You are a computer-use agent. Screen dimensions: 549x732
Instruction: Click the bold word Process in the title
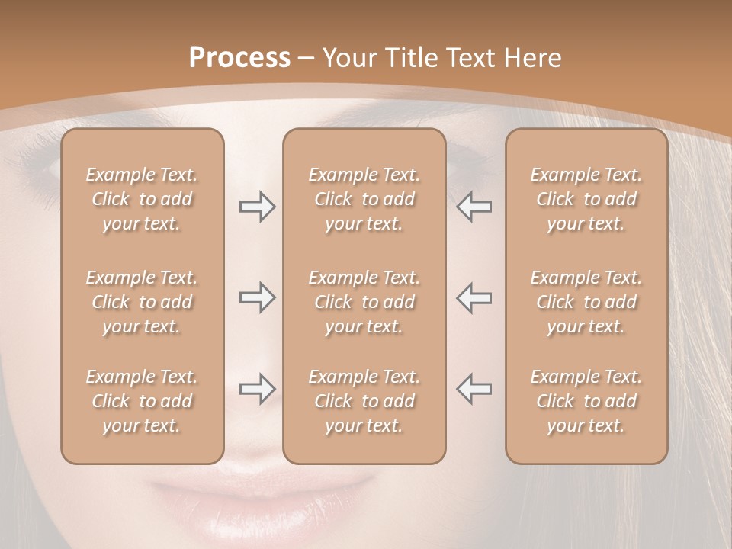(x=239, y=58)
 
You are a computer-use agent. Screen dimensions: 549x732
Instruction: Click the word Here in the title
(x=533, y=58)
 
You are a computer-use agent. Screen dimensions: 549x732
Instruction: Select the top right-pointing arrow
(x=257, y=207)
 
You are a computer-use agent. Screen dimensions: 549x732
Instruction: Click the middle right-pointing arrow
(x=257, y=297)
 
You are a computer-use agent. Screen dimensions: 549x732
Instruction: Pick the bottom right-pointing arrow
(x=257, y=389)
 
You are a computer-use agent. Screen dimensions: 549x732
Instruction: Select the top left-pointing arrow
(x=474, y=207)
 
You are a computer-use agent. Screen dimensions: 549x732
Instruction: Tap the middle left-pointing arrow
(x=474, y=297)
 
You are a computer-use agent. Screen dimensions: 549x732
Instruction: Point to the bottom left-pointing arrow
(x=474, y=389)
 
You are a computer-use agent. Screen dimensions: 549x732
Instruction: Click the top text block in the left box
(x=142, y=199)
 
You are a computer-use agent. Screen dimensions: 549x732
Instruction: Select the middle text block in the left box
(x=142, y=302)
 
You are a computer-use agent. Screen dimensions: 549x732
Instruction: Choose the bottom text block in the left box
(x=142, y=401)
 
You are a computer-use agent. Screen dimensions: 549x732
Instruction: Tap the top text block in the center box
(x=364, y=199)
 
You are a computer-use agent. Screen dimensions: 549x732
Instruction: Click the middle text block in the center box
(x=364, y=302)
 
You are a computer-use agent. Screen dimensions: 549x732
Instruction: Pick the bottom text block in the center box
(x=364, y=401)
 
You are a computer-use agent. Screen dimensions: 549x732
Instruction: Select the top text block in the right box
(x=586, y=199)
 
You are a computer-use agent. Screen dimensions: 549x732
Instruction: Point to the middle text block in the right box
(x=586, y=302)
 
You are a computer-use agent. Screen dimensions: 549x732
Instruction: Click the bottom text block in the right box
(x=586, y=401)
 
